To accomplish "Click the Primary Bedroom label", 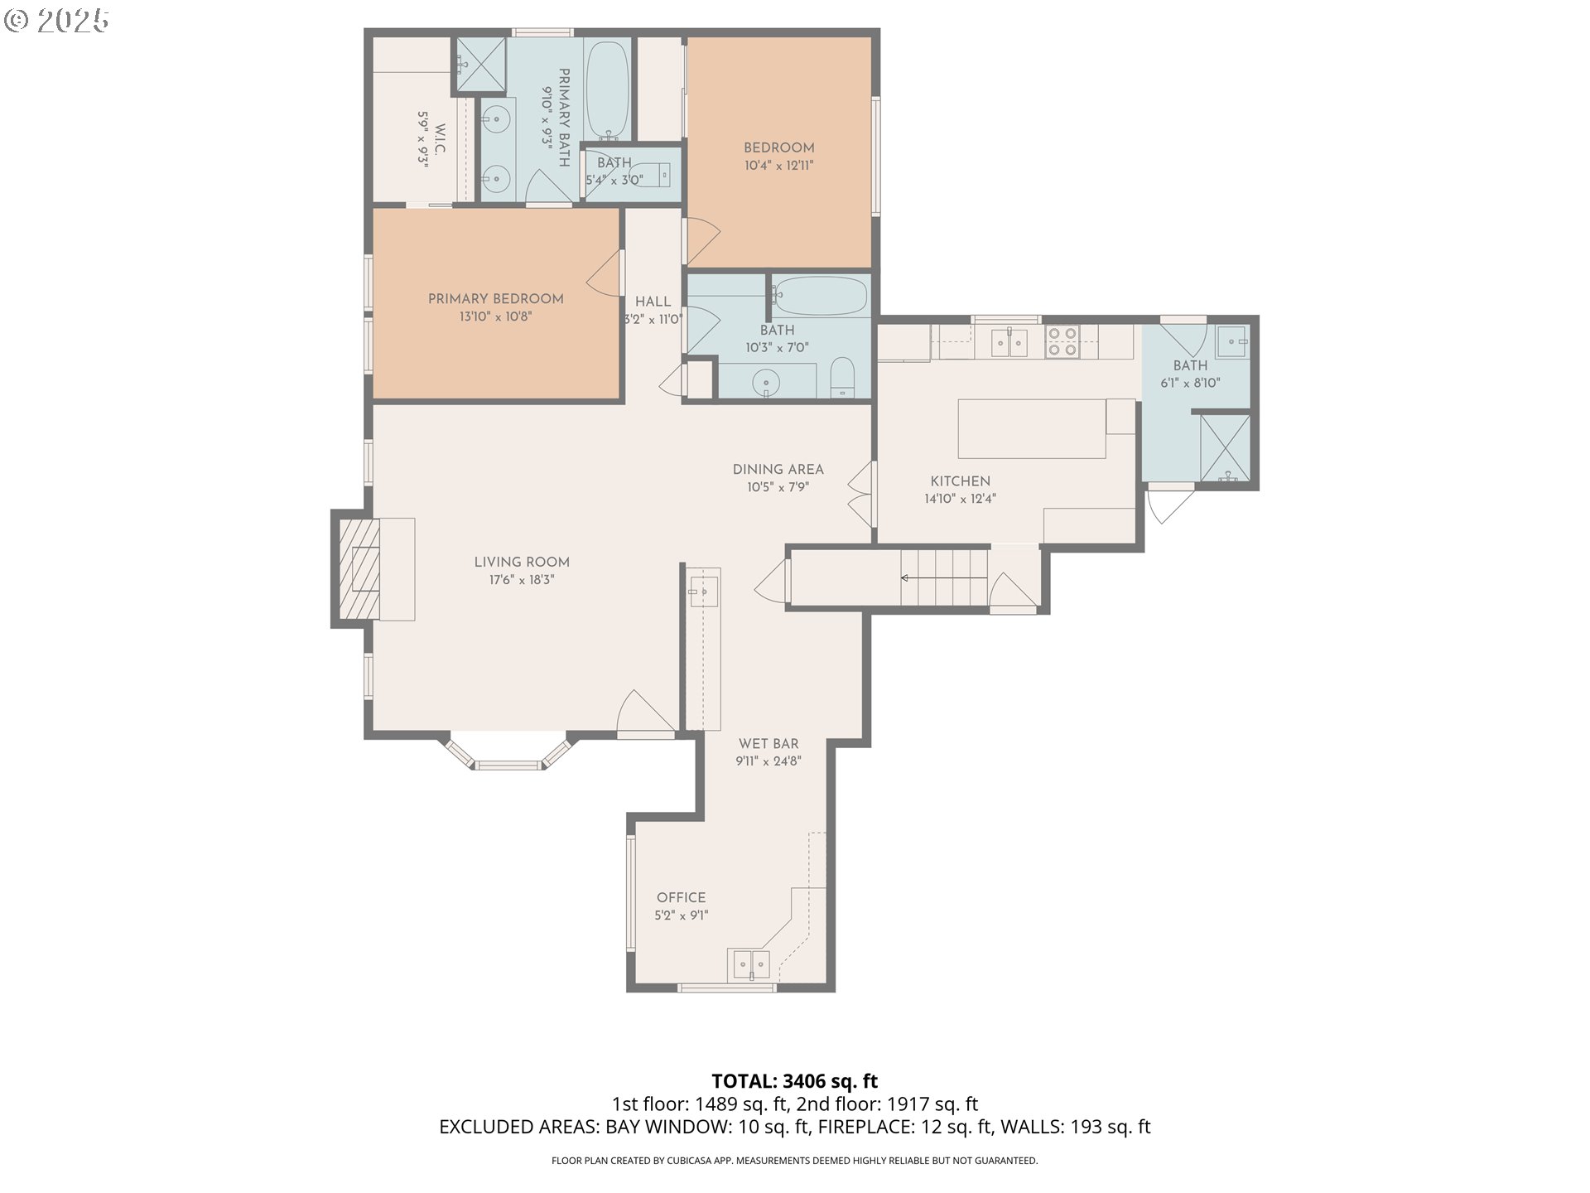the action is pos(495,299).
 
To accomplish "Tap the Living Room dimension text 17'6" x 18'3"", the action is pos(522,580).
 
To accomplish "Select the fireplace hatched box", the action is pos(359,568).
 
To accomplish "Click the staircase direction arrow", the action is pos(944,577).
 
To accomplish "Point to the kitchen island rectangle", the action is pos(1032,428).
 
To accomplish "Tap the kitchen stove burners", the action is pos(1062,341).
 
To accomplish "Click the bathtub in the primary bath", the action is pos(608,91).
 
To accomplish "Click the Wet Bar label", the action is pos(769,744).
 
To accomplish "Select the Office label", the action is pos(682,898).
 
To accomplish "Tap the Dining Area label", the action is pos(778,470).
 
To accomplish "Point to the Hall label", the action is pos(653,302).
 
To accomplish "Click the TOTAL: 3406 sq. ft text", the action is pos(795,1081).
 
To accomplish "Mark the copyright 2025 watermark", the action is pos(57,21).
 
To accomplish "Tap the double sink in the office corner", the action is pos(749,965).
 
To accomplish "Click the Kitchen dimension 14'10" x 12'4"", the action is pos(961,499).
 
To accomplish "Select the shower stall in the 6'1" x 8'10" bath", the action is pos(1224,447).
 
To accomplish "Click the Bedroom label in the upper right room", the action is pos(779,148).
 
